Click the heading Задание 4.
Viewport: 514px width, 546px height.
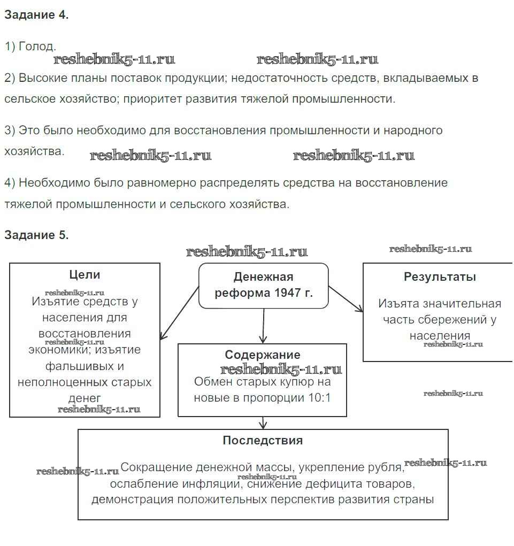(x=36, y=15)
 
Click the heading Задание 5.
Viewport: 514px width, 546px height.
(x=36, y=235)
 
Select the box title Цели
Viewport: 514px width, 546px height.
(x=85, y=275)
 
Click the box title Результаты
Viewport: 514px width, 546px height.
(x=440, y=277)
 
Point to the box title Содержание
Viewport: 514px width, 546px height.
(x=262, y=355)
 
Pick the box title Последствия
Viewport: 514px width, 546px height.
(x=263, y=441)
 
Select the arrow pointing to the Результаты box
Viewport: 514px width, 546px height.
(x=346, y=298)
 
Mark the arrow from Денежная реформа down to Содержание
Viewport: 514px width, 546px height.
(x=263, y=326)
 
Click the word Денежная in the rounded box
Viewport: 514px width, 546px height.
(x=263, y=277)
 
